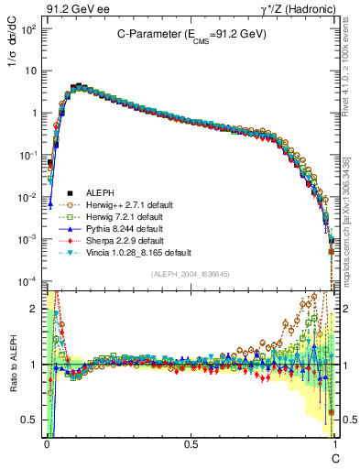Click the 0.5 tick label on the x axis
[190, 443]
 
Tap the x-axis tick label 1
[334, 443]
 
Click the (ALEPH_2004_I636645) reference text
[191, 274]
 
